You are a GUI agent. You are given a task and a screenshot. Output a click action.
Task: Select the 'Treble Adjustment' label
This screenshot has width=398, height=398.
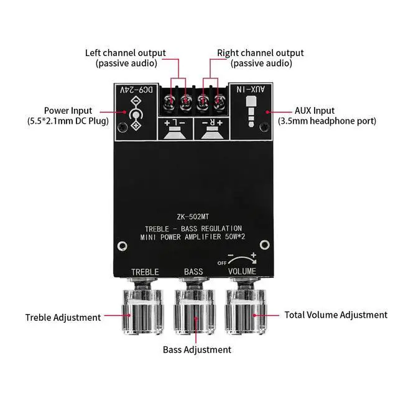[x=63, y=317]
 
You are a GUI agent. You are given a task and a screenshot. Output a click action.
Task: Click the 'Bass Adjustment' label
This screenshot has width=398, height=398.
[x=197, y=349]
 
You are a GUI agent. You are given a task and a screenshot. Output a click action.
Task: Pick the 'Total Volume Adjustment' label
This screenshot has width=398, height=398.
[x=336, y=315]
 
